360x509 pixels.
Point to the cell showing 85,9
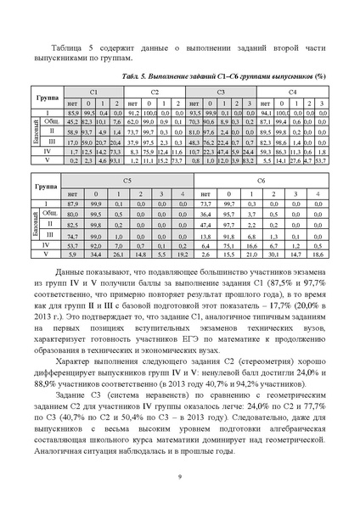click(x=72, y=113)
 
